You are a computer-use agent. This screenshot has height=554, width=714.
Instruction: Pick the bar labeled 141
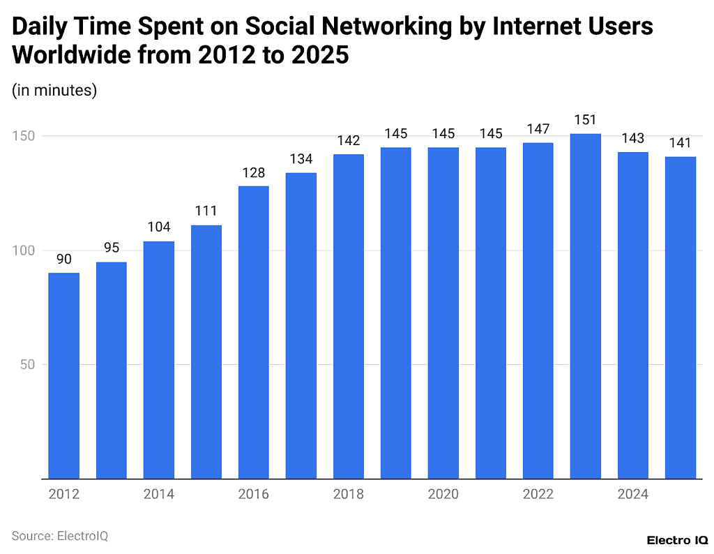tap(680, 317)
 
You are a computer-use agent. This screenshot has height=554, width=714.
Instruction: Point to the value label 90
tap(63, 259)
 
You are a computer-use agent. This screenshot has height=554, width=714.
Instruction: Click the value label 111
tap(206, 211)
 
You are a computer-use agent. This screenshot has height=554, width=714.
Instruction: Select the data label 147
tap(538, 129)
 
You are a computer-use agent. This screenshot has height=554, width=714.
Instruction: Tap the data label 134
tap(301, 159)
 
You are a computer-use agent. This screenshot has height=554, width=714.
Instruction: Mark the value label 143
tap(632, 138)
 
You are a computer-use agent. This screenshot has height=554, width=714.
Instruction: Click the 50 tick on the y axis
tap(28, 364)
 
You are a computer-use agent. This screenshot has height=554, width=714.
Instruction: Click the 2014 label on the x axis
tap(158, 494)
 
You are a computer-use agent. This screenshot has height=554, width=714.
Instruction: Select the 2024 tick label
tap(632, 494)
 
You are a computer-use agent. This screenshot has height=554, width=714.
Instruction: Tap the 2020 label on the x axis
tap(443, 494)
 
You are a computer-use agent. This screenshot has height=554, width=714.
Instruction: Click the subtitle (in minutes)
tap(54, 90)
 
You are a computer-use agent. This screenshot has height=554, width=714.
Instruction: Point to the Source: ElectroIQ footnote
tap(60, 536)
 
